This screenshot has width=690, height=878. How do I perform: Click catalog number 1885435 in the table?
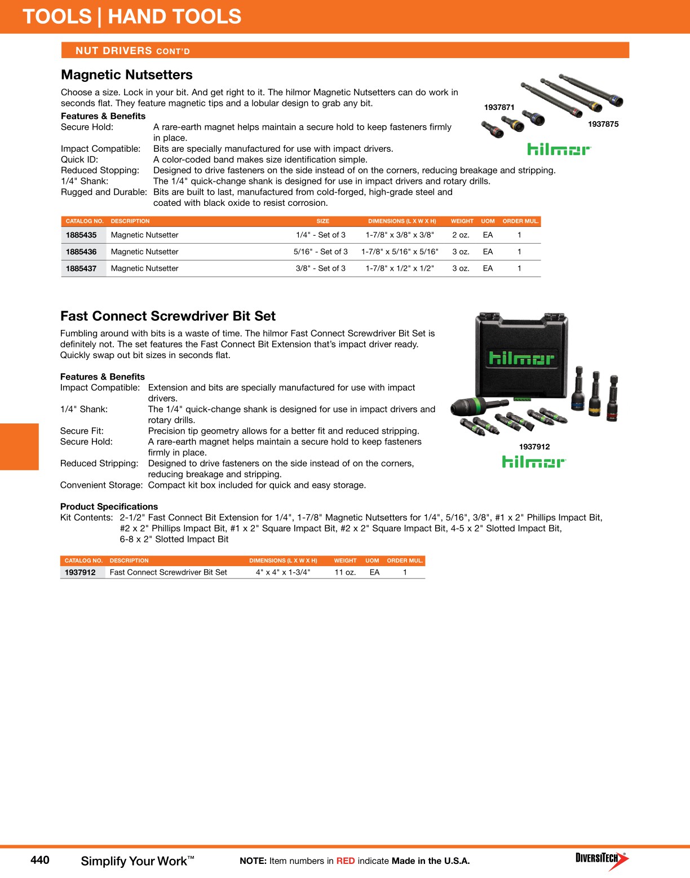click(81, 235)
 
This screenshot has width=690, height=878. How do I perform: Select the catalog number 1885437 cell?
click(81, 269)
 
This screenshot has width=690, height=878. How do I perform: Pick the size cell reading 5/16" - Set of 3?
click(320, 252)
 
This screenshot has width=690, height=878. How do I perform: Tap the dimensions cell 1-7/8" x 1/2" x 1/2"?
click(400, 269)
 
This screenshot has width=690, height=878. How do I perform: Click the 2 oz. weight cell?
click(461, 235)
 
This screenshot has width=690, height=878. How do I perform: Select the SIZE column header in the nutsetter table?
click(323, 222)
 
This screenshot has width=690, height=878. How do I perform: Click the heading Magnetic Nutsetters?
click(127, 75)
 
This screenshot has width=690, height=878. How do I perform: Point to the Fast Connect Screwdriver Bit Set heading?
click(168, 316)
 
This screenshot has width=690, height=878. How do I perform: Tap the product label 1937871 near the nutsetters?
click(499, 108)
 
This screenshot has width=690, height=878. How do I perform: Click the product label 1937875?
click(603, 125)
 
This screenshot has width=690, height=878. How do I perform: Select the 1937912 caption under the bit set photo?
click(534, 447)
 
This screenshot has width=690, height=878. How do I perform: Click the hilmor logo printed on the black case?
click(521, 358)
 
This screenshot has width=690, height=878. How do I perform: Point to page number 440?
click(40, 860)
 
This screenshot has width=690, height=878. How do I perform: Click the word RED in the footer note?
click(346, 861)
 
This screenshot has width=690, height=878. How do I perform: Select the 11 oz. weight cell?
click(345, 572)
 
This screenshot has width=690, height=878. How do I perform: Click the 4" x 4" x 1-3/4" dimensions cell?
click(283, 572)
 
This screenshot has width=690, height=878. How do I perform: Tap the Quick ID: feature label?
click(79, 160)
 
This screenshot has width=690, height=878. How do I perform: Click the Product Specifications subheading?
click(109, 507)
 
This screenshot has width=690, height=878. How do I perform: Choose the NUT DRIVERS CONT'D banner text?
click(132, 51)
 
